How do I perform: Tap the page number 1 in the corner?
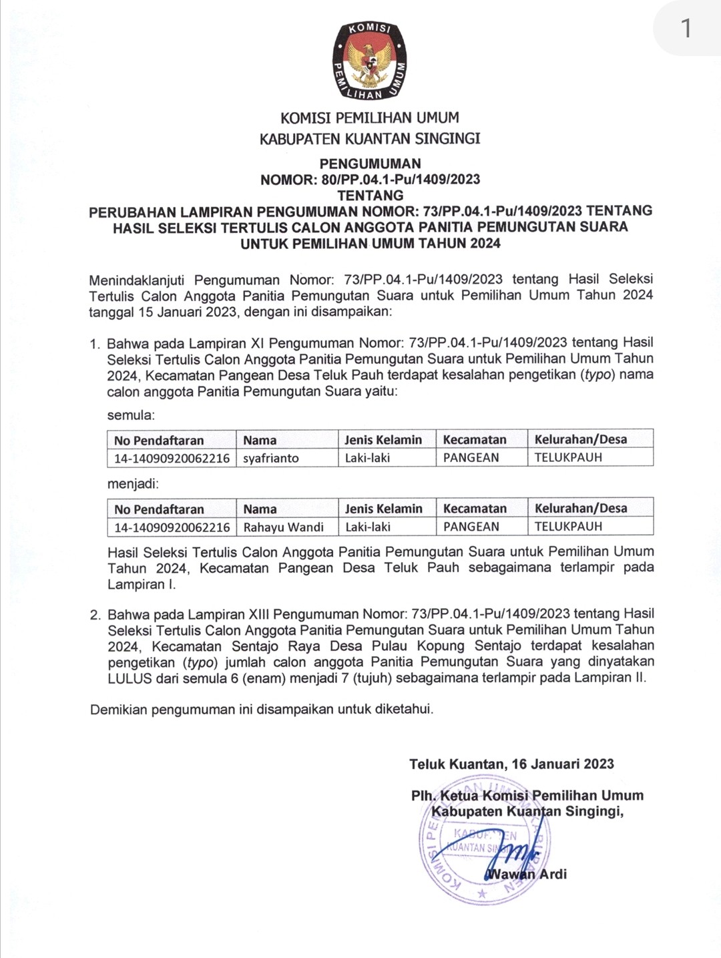[x=686, y=28]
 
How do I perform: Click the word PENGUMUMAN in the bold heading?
[x=370, y=164]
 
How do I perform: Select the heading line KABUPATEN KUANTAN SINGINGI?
[x=370, y=139]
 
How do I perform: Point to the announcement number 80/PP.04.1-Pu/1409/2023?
[x=401, y=180]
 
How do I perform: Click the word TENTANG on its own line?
[x=370, y=196]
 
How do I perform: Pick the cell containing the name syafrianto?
[x=286, y=458]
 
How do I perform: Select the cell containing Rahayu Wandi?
[x=286, y=527]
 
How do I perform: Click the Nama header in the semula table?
[x=260, y=440]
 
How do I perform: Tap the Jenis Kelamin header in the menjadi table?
[x=384, y=509]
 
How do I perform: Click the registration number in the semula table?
[x=172, y=458]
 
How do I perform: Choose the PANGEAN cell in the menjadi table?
[x=471, y=527]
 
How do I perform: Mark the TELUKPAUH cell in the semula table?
[x=568, y=457]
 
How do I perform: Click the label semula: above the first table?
[x=131, y=415]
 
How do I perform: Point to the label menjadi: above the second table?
[x=133, y=483]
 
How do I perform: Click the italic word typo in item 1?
[x=599, y=375]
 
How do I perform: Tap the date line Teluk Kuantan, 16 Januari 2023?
[x=511, y=764]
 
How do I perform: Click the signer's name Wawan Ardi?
[x=527, y=874]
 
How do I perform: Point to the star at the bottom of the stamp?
[x=482, y=893]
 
